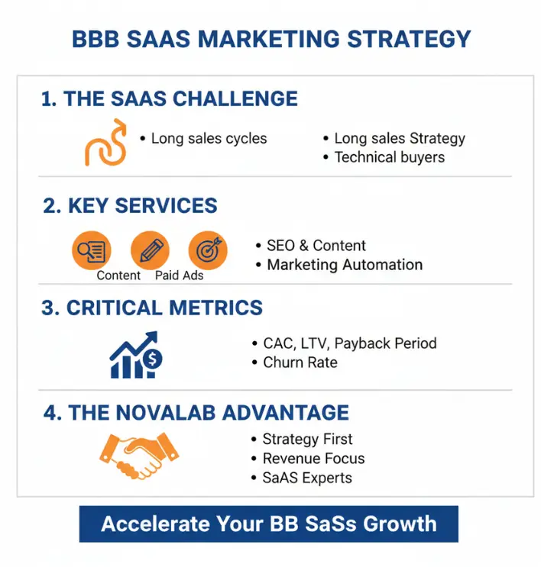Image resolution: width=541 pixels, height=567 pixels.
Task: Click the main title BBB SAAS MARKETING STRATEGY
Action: point(270,38)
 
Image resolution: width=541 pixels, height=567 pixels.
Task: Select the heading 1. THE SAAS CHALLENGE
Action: point(169,99)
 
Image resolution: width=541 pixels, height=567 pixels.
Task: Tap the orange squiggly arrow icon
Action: point(105,143)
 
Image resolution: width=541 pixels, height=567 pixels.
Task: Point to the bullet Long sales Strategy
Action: point(399,139)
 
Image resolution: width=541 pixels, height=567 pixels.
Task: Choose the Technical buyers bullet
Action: point(389,158)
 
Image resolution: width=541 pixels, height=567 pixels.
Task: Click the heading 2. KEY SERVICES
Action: point(130,206)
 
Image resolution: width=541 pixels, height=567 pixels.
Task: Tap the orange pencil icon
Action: point(150,250)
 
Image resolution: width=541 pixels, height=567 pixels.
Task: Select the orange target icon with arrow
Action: point(208,250)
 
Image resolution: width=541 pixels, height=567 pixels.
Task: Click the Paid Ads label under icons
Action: point(179,275)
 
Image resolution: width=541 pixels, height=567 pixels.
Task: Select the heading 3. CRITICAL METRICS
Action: point(152,308)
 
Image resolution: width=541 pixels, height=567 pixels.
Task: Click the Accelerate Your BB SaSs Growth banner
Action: point(269,524)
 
